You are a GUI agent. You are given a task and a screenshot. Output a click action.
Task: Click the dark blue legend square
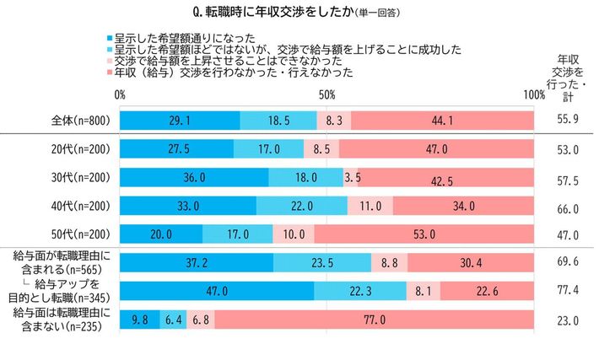[x=111, y=38]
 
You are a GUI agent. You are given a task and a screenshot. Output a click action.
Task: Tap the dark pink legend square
[x=111, y=73]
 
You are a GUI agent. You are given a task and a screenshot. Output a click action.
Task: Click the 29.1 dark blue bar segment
[x=180, y=120]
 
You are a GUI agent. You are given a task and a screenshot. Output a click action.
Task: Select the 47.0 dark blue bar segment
[x=217, y=291]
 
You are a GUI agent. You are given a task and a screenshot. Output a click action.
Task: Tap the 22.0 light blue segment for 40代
[x=302, y=206]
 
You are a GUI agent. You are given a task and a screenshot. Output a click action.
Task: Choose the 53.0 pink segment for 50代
[x=424, y=234]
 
